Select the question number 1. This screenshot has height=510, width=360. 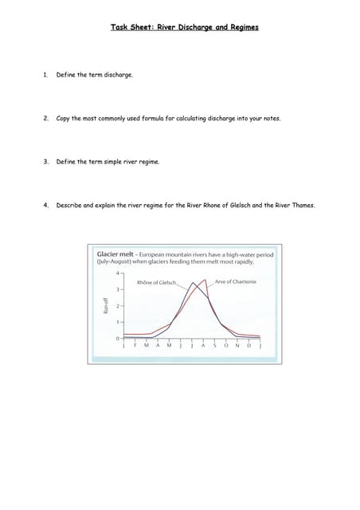(x=46, y=75)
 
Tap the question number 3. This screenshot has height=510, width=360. (x=46, y=161)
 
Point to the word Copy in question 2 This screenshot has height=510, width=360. (x=64, y=118)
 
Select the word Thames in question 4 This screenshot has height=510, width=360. (x=303, y=205)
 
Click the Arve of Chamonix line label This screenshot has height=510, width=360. (x=236, y=281)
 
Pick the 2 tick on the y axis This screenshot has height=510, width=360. (x=117, y=306)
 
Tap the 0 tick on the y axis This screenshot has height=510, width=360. (x=117, y=339)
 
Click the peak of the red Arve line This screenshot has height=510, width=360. (x=205, y=279)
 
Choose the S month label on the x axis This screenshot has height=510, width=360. (x=214, y=344)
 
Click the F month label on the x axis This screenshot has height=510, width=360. (x=135, y=344)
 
